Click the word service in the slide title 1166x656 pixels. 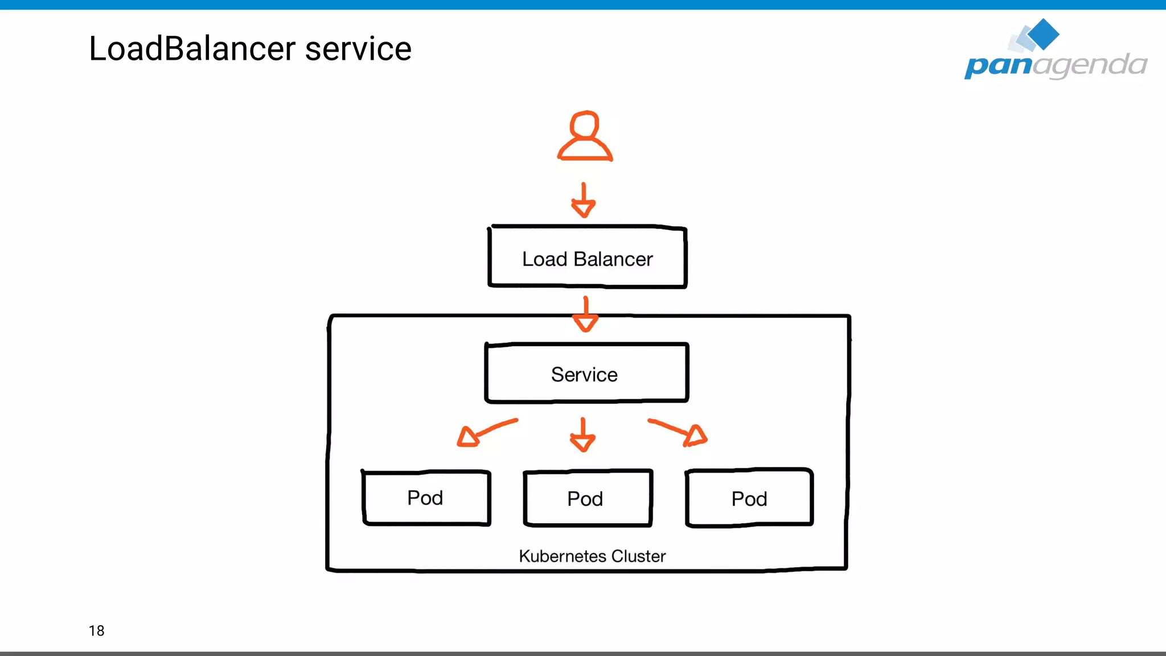358,49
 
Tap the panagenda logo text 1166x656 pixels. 1055,65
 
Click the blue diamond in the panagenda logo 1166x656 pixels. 1043,34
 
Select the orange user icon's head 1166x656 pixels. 585,125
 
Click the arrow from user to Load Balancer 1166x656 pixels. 584,200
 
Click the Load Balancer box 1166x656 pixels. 587,257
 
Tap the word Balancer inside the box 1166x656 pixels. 613,259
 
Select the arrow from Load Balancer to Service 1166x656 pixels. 585,314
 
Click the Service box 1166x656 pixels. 586,374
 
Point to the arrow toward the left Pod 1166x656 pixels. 486,433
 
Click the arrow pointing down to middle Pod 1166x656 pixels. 582,436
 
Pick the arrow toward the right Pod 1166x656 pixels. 679,432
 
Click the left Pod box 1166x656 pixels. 426,498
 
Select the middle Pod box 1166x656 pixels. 587,498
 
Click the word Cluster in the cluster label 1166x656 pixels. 638,556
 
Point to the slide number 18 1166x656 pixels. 96,630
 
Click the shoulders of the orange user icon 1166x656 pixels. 585,150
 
